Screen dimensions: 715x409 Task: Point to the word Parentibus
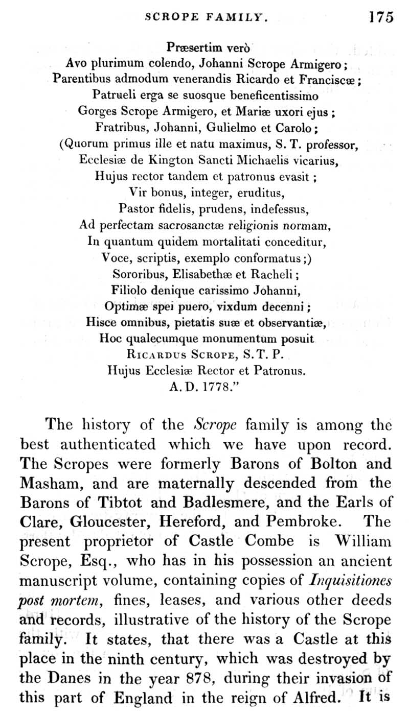81,79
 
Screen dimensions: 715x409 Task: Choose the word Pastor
133,208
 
